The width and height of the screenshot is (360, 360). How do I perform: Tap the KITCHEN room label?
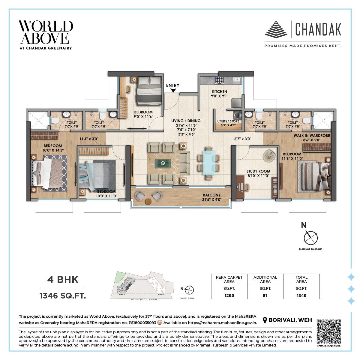220,92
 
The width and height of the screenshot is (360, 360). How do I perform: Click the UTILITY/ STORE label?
228,121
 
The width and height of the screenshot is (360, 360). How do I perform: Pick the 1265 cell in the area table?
229,295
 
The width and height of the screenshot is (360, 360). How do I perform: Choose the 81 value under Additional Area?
265,295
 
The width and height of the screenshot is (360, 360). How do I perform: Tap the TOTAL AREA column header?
301,279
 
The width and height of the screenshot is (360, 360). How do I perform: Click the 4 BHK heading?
63,280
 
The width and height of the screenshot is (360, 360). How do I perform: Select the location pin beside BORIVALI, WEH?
265,320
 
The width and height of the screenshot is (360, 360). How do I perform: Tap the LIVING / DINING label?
186,121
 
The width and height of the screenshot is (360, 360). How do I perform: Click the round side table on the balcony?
148,201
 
